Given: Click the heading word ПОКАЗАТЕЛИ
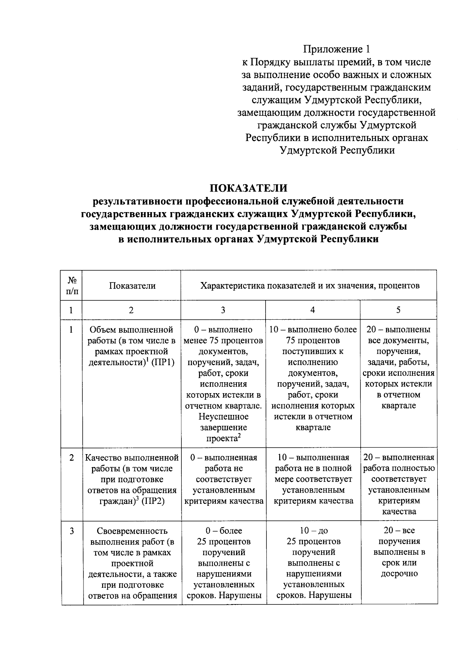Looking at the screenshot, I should pos(249,188).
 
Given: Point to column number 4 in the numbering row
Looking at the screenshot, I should pos(313,310).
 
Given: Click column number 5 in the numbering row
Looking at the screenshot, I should pos(398,310).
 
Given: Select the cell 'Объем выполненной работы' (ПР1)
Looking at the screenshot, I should pos(131,346).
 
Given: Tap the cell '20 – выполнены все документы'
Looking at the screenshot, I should pos(398,368).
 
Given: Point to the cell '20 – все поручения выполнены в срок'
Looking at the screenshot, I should pos(398,552).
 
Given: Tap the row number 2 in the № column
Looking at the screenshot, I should pos(72,458).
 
